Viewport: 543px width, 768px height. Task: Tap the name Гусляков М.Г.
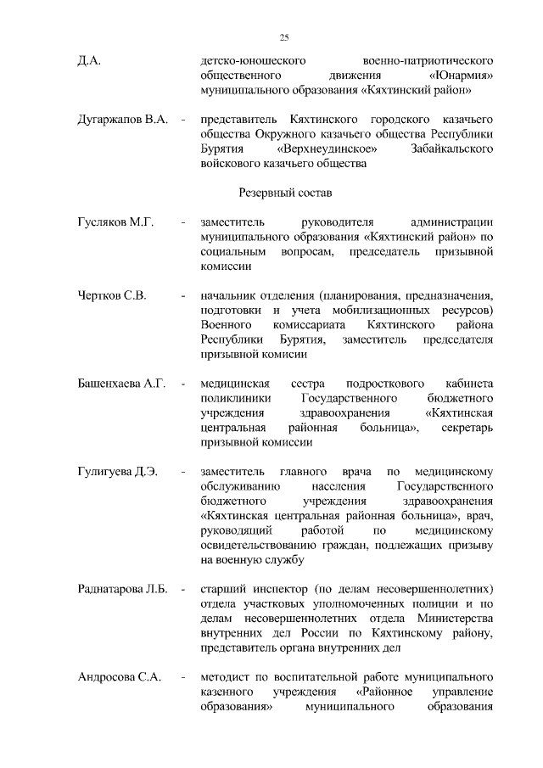115,222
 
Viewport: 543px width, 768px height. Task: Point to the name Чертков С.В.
112,296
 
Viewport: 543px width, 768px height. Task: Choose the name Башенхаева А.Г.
120,384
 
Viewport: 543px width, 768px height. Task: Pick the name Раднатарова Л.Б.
124,588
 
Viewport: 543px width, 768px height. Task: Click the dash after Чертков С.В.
183,296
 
